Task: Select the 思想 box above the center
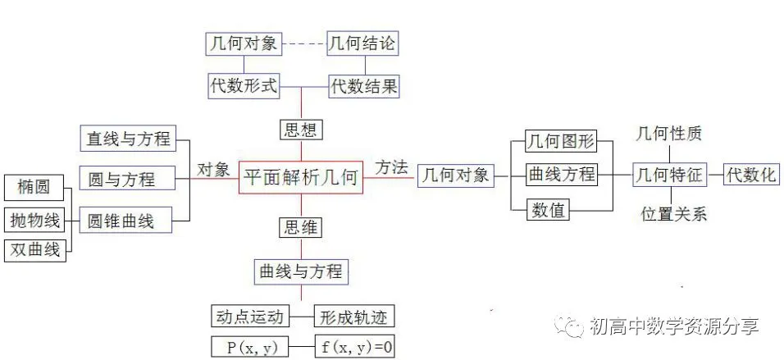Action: pyautogui.click(x=300, y=130)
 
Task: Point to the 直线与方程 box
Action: pyautogui.click(x=129, y=138)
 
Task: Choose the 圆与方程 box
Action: pyautogui.click(x=127, y=178)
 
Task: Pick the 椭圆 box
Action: pyautogui.click(x=34, y=188)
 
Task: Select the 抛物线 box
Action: pyautogui.click(x=34, y=220)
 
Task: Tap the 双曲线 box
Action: pyautogui.click(x=34, y=249)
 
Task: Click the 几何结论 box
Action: pyautogui.click(x=362, y=43)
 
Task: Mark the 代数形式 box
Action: pyautogui.click(x=244, y=85)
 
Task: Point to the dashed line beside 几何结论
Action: pyautogui.click(x=303, y=44)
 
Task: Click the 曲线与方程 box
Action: pyautogui.click(x=301, y=271)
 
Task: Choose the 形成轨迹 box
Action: pyautogui.click(x=353, y=317)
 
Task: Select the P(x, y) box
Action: pyautogui.click(x=251, y=347)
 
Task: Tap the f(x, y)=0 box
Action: pyautogui.click(x=355, y=347)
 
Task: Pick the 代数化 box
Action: pyautogui.click(x=751, y=174)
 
